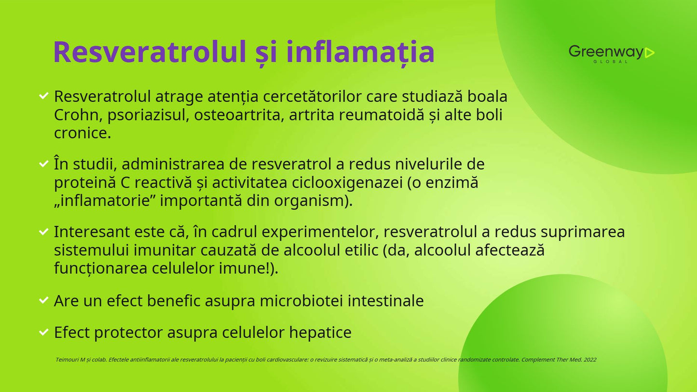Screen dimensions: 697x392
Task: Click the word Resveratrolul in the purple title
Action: tap(150, 52)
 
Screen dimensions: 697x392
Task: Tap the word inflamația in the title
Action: tap(360, 52)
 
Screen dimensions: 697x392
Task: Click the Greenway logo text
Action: tap(606, 51)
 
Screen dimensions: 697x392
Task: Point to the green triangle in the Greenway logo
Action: tap(649, 53)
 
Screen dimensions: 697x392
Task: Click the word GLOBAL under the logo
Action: tap(610, 62)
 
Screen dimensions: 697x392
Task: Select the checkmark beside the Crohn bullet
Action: tap(44, 95)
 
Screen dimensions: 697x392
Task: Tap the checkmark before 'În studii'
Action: tap(44, 163)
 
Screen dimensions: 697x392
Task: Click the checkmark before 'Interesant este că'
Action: tap(44, 231)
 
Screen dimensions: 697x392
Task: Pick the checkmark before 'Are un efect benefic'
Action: tap(44, 300)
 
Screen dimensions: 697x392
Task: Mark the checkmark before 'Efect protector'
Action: tap(44, 332)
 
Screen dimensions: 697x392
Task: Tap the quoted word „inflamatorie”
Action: tap(105, 201)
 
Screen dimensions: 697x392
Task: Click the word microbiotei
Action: tap(301, 301)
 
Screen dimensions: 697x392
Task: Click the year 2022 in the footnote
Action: tap(590, 360)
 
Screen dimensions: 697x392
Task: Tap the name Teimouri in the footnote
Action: tap(67, 360)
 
